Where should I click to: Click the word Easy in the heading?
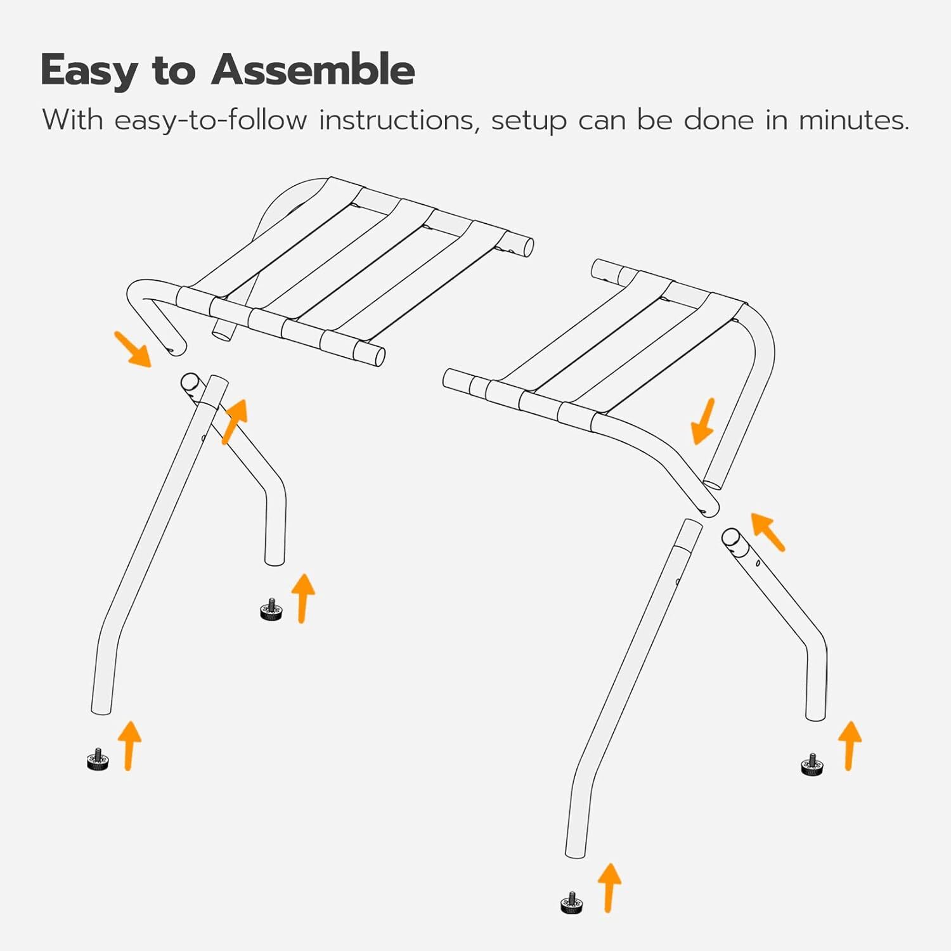tap(89, 71)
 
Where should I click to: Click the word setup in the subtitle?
tap(529, 121)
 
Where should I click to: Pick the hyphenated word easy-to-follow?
tap(210, 120)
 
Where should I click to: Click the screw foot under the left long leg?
tap(98, 760)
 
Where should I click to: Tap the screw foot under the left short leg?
tap(271, 610)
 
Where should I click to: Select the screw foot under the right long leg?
tap(572, 903)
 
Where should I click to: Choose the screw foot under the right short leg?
tap(812, 765)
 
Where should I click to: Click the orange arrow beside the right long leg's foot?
tap(609, 887)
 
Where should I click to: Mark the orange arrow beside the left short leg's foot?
tap(303, 598)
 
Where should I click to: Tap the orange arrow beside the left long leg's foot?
tap(129, 745)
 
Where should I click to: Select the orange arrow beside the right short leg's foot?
tap(850, 745)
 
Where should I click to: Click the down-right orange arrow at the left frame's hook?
tap(133, 349)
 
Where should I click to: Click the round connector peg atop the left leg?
tap(190, 382)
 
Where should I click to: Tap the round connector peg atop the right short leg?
tap(732, 538)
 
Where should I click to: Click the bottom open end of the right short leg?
tap(815, 717)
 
